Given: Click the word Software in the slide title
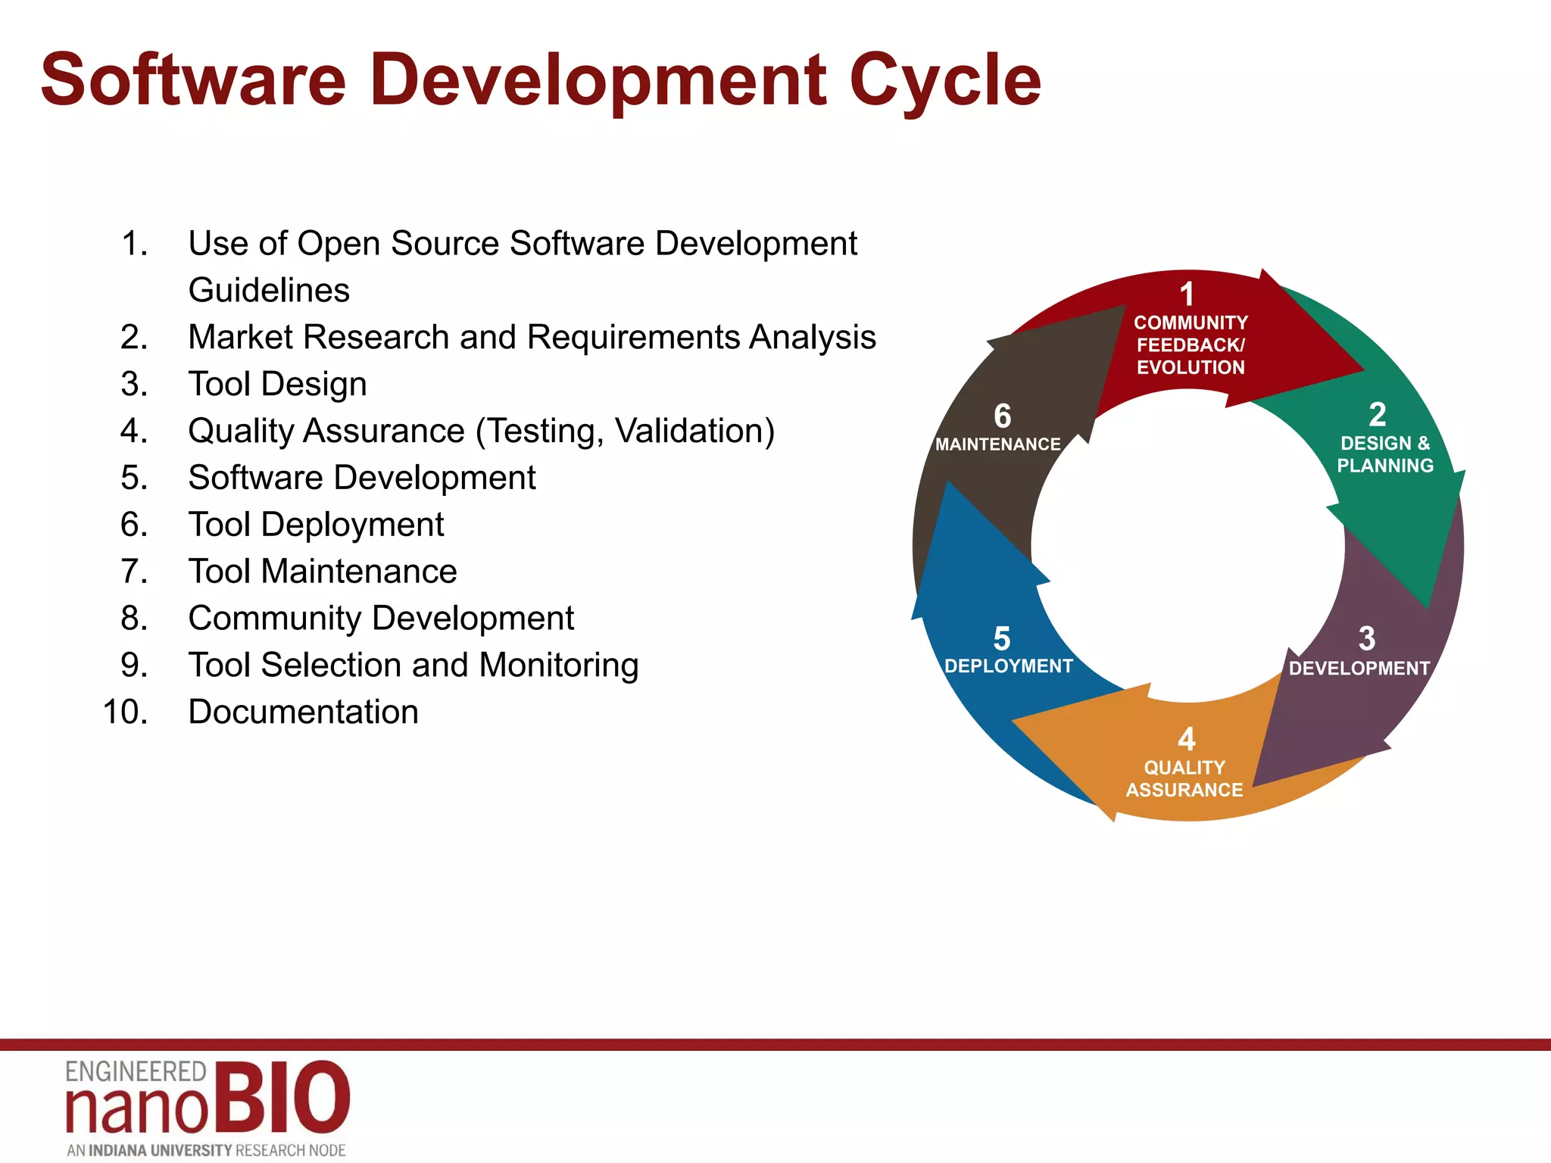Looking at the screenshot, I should (x=193, y=80).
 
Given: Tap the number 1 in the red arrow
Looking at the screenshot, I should (x=1187, y=295).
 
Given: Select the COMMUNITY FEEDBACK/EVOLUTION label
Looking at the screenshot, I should (x=1191, y=345).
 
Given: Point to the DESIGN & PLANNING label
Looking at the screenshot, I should (x=1384, y=454).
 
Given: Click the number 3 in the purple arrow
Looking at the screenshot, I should (x=1366, y=638).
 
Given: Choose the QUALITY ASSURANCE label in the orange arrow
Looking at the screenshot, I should (x=1184, y=778).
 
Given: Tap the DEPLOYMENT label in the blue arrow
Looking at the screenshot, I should (x=1009, y=666).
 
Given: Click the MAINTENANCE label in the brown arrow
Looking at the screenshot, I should (x=997, y=444).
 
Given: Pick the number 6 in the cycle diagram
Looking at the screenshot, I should (x=1002, y=416).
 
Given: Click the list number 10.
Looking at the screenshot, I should (x=125, y=712).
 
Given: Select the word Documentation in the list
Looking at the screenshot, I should (x=303, y=712).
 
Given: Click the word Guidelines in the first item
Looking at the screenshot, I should (x=269, y=290).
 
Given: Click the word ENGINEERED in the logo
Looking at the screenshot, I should (x=136, y=1071).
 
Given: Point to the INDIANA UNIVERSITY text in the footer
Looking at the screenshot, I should (x=160, y=1150).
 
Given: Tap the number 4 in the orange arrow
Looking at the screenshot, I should (x=1186, y=739).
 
